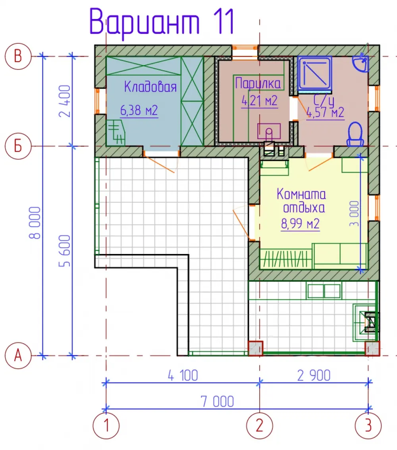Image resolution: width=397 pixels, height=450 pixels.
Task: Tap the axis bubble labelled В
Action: coord(18,56)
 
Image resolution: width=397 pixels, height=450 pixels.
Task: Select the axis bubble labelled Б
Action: coord(18,146)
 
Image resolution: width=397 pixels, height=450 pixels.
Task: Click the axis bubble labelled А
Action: coord(18,356)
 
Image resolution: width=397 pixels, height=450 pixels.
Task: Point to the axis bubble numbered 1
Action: coord(106,425)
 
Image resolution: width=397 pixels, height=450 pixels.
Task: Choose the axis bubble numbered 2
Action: coord(260,425)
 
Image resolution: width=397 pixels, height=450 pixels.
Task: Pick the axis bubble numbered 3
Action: coord(368,425)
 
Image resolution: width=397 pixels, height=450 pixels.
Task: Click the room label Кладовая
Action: coord(150,87)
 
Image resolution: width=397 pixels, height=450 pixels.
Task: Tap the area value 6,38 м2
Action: coord(139,110)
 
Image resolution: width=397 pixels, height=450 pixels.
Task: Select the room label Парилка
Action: coord(258,84)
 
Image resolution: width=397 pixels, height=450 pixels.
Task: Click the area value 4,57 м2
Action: coord(325,113)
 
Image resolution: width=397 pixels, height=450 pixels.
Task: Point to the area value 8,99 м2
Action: coord(300,223)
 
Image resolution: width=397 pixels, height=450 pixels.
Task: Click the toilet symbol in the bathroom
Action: coord(355,134)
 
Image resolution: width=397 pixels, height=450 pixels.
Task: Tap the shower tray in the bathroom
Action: coord(315,73)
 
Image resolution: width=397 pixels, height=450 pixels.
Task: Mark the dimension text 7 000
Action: coord(217,401)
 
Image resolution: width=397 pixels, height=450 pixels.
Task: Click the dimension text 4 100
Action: coord(183,375)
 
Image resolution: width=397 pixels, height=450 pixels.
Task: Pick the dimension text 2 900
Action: coord(314,375)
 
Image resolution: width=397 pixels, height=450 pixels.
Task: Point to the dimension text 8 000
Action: coord(35,223)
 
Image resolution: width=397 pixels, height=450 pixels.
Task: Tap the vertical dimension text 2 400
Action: coord(65,101)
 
